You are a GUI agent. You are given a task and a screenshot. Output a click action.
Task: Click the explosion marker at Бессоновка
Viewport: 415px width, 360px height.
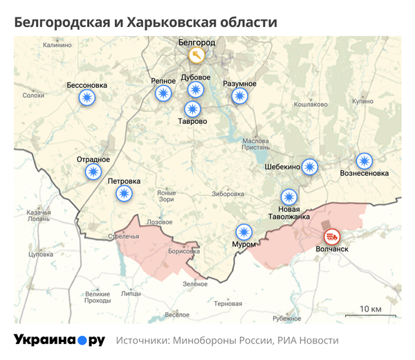point(87,99)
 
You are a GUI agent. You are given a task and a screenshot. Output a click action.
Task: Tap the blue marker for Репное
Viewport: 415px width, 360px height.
point(163,93)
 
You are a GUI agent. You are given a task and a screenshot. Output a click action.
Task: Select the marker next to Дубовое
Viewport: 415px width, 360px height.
point(196,89)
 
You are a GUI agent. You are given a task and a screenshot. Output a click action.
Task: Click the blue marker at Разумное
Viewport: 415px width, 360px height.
point(239,96)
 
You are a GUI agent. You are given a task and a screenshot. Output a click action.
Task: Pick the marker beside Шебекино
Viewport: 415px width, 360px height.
point(310,166)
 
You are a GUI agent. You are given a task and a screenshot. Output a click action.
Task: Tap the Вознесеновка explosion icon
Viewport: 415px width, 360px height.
point(364,161)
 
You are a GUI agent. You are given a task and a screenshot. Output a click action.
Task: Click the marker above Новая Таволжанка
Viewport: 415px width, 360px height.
point(288,197)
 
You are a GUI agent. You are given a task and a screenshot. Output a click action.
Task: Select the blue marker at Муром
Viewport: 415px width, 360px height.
point(243,232)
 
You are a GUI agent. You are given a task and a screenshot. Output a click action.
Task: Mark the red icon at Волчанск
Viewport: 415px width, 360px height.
point(333,236)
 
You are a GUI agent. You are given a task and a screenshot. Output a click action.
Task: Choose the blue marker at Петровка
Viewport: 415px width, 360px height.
point(124,193)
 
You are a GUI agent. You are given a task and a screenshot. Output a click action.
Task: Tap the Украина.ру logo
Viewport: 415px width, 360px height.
point(59,341)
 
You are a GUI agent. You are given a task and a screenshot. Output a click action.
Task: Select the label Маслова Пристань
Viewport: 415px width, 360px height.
point(255,144)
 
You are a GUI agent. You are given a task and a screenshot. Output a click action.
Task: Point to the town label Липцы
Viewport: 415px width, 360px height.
point(130,294)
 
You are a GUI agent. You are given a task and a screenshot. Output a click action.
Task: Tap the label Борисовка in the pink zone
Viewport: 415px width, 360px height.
point(183,251)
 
